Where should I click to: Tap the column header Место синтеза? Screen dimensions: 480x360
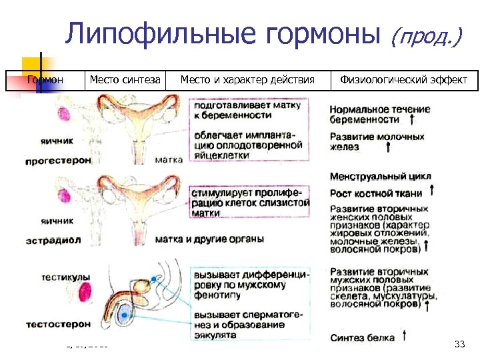pyautogui.click(x=125, y=81)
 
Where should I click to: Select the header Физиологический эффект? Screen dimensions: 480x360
pyautogui.click(x=404, y=81)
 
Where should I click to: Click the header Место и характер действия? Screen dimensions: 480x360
pyautogui.click(x=247, y=81)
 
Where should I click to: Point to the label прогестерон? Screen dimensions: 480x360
pyautogui.click(x=57, y=161)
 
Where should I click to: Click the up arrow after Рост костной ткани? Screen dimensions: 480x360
pyautogui.click(x=433, y=191)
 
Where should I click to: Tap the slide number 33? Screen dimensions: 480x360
pyautogui.click(x=459, y=344)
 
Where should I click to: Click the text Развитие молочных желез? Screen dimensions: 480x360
pyautogui.click(x=377, y=141)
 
